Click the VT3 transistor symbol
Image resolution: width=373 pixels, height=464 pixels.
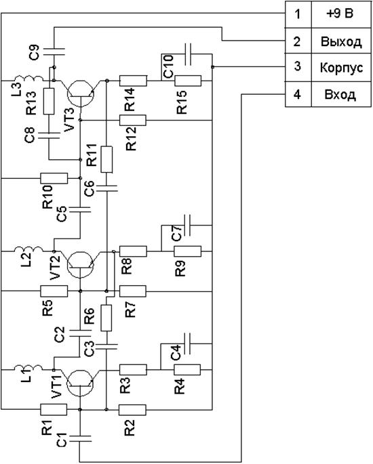(x=81, y=93)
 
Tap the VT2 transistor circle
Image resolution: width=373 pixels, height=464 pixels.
(x=81, y=265)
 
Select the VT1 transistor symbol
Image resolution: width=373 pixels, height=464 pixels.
(x=80, y=383)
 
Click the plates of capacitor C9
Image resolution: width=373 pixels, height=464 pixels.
(x=54, y=51)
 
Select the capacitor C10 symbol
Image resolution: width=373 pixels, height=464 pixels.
(x=188, y=54)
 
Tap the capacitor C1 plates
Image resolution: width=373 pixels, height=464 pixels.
(x=80, y=438)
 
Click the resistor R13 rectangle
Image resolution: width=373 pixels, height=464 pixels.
(x=49, y=101)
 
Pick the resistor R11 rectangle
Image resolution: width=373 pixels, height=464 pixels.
(x=106, y=159)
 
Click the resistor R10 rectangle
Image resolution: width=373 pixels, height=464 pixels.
(x=54, y=178)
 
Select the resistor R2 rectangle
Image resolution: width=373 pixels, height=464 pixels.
(x=132, y=410)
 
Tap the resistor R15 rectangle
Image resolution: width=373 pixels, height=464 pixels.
(x=188, y=81)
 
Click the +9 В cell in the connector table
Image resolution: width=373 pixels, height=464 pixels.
(x=342, y=14)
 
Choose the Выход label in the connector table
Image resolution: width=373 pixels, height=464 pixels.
(x=341, y=41)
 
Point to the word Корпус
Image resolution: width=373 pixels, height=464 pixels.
(x=341, y=68)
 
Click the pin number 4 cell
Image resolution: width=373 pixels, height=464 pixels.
(x=297, y=95)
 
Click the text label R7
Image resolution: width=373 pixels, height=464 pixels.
(x=131, y=310)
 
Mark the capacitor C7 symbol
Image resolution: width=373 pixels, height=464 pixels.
(x=188, y=225)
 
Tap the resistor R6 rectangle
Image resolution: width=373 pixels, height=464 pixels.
(x=106, y=318)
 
